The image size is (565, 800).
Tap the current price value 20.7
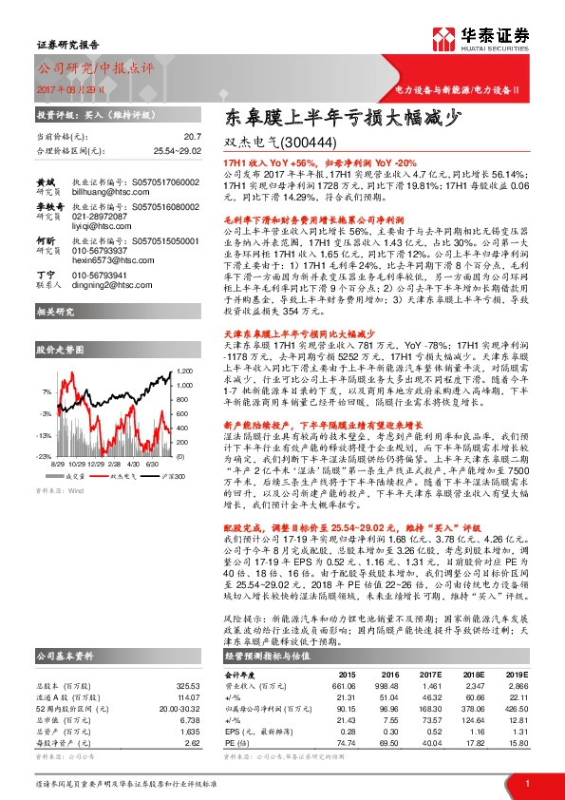click(192, 137)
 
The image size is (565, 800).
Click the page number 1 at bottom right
click(526, 783)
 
